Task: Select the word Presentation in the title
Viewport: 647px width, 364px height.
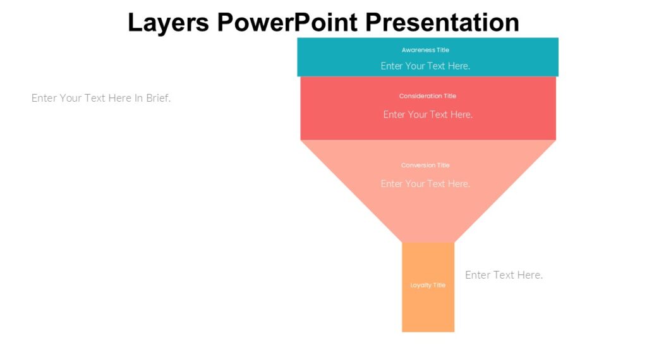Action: [442, 23]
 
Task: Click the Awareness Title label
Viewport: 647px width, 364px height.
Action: [425, 50]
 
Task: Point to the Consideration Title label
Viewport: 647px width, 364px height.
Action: [427, 96]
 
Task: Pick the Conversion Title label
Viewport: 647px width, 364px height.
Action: [425, 166]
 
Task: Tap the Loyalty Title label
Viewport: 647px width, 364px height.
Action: [428, 285]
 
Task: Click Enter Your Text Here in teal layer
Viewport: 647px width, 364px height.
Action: [425, 66]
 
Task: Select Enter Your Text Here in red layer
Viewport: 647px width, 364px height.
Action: [428, 114]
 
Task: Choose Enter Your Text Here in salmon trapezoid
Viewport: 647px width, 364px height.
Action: [425, 184]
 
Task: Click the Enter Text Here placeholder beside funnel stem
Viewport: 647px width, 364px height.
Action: [504, 275]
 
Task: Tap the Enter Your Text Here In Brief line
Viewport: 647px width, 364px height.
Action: [101, 98]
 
